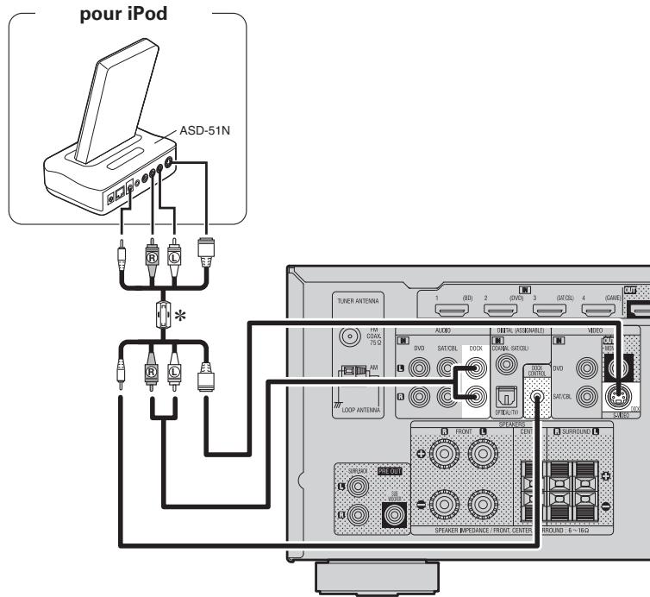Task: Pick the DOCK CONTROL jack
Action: (540, 400)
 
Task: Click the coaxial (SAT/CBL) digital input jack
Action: (503, 353)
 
